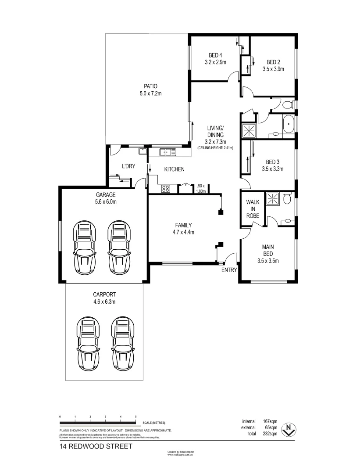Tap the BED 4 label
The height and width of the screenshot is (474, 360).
[215, 55]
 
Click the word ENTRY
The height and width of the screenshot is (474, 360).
[229, 270]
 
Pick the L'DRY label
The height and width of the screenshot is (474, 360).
[129, 166]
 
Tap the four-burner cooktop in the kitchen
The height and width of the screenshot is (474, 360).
[166, 189]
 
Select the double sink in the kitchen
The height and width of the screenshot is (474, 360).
[168, 152]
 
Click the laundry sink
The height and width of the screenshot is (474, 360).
[143, 151]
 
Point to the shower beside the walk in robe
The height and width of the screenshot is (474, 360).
[274, 198]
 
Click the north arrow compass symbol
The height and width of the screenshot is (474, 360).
[288, 429]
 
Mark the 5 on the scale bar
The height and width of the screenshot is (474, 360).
[136, 416]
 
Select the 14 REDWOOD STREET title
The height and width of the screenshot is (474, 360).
[96, 446]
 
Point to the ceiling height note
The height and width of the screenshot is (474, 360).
[215, 148]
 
